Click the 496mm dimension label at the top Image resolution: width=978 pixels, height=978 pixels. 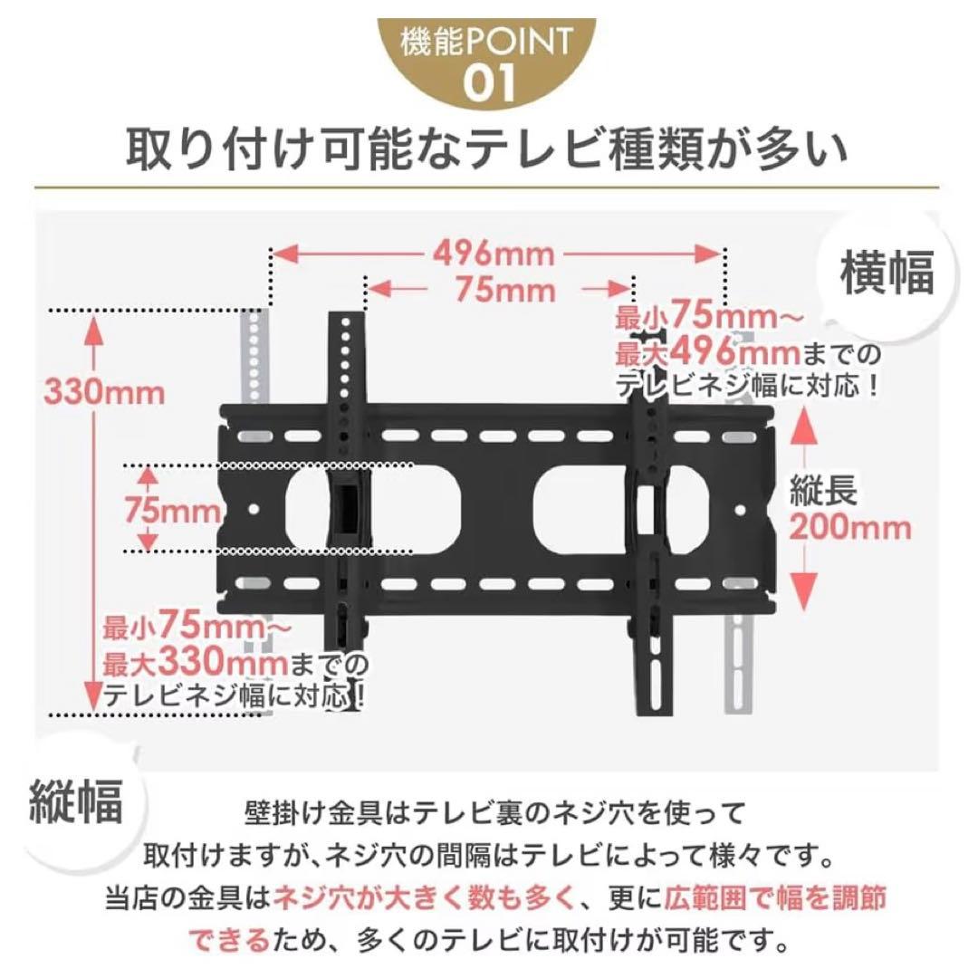494,254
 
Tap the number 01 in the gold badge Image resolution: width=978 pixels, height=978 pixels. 489,83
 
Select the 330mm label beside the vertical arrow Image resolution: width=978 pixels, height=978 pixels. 105,393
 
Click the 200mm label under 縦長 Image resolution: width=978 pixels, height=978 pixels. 850,527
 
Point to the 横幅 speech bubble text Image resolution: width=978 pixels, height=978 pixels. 887,273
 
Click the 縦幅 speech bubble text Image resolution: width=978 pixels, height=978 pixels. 75,801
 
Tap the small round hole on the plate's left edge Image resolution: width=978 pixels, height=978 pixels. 254,510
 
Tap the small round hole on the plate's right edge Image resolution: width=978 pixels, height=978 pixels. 740,510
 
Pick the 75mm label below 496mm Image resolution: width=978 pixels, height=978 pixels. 505,290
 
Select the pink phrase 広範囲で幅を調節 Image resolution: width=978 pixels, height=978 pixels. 774,899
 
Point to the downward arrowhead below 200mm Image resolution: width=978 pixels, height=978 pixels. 804,592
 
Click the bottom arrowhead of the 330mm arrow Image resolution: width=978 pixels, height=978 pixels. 93,696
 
